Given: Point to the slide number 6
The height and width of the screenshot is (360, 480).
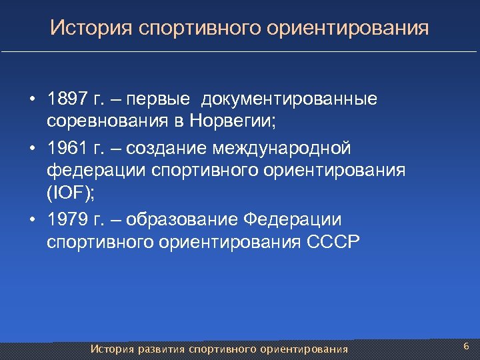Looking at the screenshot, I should tap(466, 347).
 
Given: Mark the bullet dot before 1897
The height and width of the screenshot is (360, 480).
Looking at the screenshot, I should tap(32, 100).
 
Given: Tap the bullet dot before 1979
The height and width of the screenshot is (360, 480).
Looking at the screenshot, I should tap(32, 219).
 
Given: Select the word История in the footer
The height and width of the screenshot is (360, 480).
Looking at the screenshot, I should tap(113, 349).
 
